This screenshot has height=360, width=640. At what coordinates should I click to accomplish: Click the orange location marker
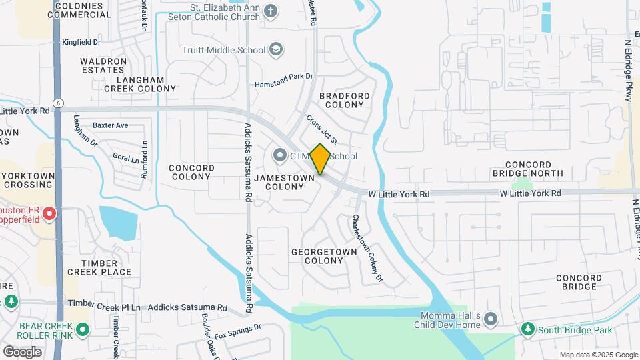pyautogui.click(x=320, y=159)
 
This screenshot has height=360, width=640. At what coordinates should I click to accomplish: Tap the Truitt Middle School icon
pyautogui.click(x=276, y=50)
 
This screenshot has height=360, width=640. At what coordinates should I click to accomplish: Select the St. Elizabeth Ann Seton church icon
pyautogui.click(x=270, y=11)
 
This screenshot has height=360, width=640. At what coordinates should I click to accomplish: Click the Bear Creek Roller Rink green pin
pyautogui.click(x=83, y=330)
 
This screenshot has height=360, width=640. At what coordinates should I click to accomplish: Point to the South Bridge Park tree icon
pyautogui.click(x=527, y=330)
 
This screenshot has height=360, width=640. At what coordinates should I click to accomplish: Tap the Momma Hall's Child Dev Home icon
pyautogui.click(x=491, y=319)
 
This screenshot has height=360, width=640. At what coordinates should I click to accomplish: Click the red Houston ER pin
pyautogui.click(x=49, y=213)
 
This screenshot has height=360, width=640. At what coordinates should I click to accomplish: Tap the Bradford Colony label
pyautogui.click(x=344, y=100)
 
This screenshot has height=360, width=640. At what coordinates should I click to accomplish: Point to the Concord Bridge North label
pyautogui.click(x=537, y=169)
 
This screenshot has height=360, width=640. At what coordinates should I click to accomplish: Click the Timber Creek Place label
pyautogui.click(x=99, y=267)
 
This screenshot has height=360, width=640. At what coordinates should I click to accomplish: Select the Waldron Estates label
pyautogui.click(x=103, y=65)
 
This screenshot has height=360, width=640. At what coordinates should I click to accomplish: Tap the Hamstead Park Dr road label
pyautogui.click(x=284, y=81)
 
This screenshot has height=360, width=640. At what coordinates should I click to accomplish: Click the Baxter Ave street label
pyautogui.click(x=111, y=125)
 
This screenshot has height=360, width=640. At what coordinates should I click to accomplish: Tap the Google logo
pyautogui.click(x=22, y=351)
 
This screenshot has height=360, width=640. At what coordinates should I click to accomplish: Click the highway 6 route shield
pyautogui.click(x=59, y=103)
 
